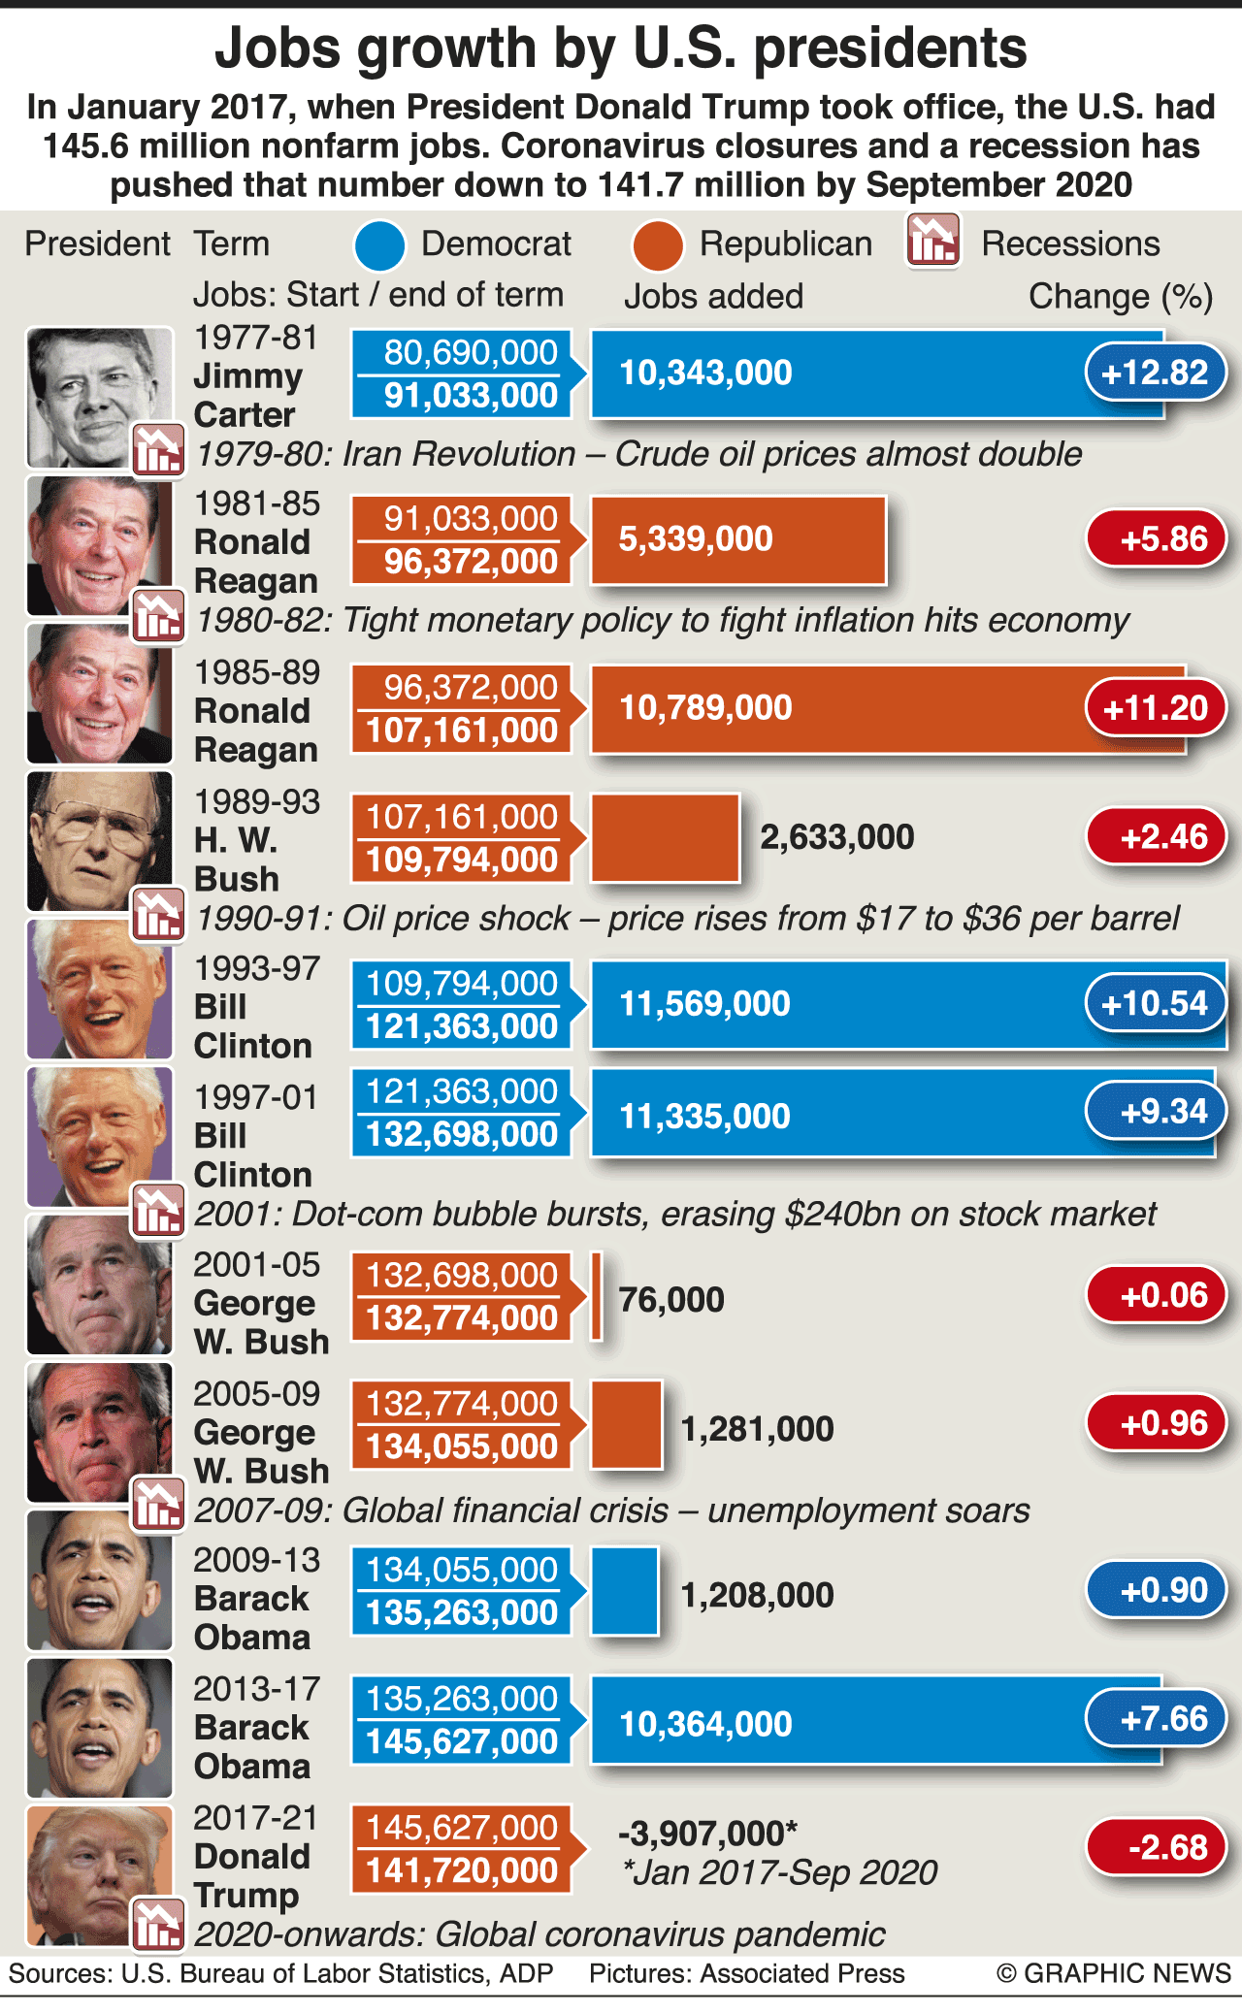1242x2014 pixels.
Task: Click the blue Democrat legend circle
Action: (379, 245)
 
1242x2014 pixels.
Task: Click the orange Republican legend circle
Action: (657, 245)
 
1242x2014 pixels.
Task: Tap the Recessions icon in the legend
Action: (932, 241)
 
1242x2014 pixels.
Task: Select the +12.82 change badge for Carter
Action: (1155, 373)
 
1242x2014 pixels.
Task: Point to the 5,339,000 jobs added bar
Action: (737, 539)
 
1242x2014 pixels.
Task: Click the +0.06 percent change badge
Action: (1156, 1295)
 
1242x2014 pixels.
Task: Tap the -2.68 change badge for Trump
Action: (1156, 1847)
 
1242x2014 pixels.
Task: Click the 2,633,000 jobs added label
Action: (836, 837)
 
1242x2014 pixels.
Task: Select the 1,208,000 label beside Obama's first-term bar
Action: (757, 1595)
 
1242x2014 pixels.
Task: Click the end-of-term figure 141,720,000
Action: (462, 1870)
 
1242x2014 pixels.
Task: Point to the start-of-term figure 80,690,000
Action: (471, 352)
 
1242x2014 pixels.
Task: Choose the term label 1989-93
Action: (257, 801)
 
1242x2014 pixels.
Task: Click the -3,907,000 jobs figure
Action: (707, 1834)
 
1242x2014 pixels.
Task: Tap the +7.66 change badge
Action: (1156, 1719)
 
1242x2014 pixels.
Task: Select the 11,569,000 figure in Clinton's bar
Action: (704, 1004)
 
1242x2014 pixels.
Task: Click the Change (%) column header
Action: (1120, 296)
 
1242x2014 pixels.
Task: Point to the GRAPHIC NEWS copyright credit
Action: (1113, 1973)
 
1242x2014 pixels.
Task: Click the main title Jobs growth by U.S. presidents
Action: (621, 49)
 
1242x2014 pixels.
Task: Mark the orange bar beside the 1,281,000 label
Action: (627, 1424)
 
